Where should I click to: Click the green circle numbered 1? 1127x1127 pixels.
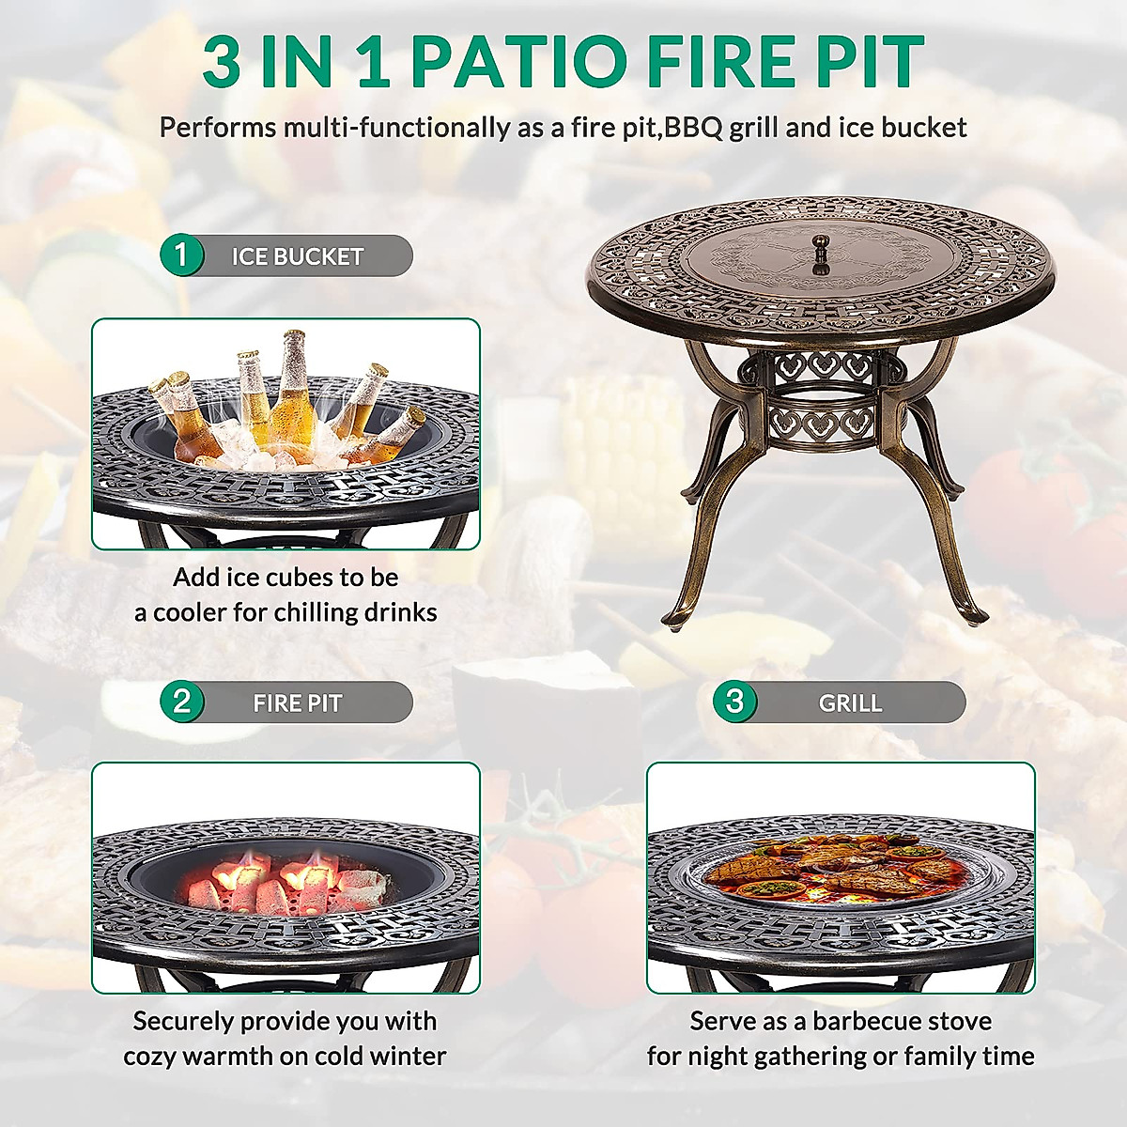[181, 255]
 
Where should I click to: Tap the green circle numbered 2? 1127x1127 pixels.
[181, 702]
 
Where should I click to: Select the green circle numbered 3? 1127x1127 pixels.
[734, 702]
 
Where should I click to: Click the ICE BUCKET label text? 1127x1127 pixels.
[297, 256]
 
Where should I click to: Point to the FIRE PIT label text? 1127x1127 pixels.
[297, 702]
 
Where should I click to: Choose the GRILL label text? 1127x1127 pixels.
[850, 702]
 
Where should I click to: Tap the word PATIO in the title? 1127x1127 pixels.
[519, 62]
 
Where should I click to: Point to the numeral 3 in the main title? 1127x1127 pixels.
[223, 62]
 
